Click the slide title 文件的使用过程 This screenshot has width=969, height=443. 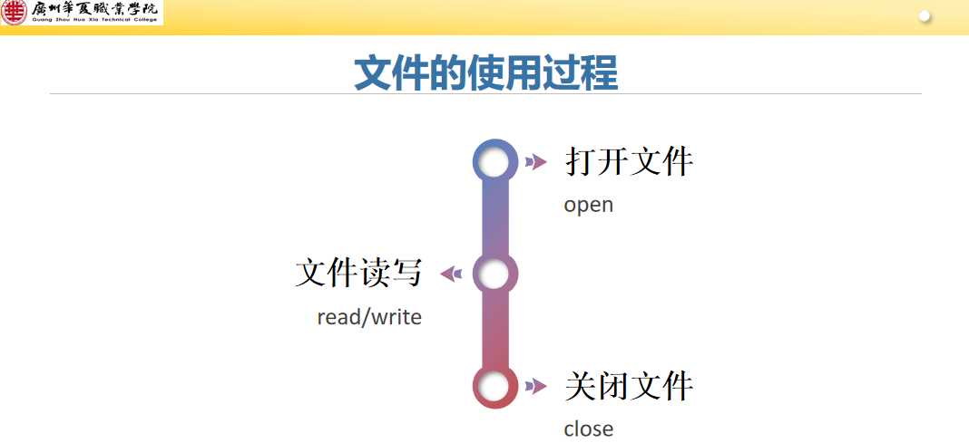(x=485, y=72)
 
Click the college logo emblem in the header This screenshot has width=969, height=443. (x=15, y=12)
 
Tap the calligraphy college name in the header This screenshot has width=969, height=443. (x=94, y=10)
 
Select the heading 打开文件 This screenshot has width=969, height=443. (x=629, y=162)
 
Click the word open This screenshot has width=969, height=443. (x=588, y=205)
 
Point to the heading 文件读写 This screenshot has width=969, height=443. (x=358, y=273)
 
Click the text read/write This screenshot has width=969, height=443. (x=369, y=317)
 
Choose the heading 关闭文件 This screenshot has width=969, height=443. (x=629, y=387)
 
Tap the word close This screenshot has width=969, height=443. (x=588, y=429)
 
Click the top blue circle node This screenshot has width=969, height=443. (x=494, y=162)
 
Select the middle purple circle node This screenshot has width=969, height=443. (x=494, y=274)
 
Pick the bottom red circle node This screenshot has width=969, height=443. (x=494, y=387)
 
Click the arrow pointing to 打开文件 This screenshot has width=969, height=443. (x=536, y=162)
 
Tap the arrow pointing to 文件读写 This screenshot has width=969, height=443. (x=451, y=274)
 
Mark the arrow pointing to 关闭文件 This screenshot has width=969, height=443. (x=536, y=387)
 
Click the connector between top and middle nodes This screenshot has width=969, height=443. (x=494, y=218)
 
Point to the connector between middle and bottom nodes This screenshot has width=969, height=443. (x=494, y=331)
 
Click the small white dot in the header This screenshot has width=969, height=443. (x=925, y=16)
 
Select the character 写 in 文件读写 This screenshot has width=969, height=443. (x=406, y=273)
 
